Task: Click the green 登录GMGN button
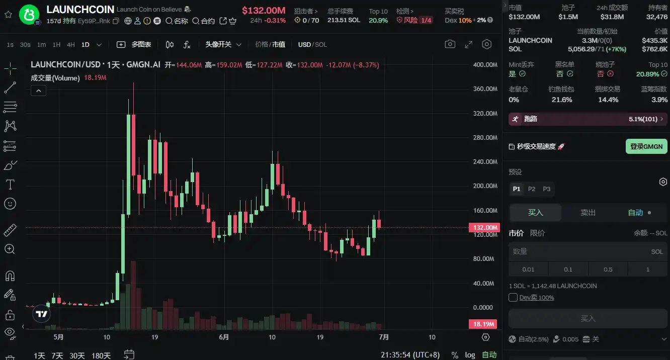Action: (x=646, y=146)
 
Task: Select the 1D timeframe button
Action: (x=86, y=45)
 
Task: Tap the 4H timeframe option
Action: (x=71, y=45)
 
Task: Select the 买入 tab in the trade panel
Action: (x=535, y=213)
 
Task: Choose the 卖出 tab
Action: (x=588, y=213)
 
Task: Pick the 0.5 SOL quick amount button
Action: (x=608, y=269)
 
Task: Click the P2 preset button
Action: (x=532, y=189)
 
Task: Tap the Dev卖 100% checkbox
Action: (x=513, y=298)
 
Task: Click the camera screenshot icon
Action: (x=450, y=44)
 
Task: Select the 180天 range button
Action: (x=101, y=355)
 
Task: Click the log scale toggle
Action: (x=470, y=355)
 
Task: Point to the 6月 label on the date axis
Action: (x=224, y=337)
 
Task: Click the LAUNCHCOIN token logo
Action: (x=29, y=15)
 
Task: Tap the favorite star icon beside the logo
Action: (x=8, y=15)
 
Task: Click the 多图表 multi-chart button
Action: (x=134, y=45)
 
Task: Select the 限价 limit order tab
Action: (x=537, y=233)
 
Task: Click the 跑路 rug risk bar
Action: (x=587, y=119)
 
